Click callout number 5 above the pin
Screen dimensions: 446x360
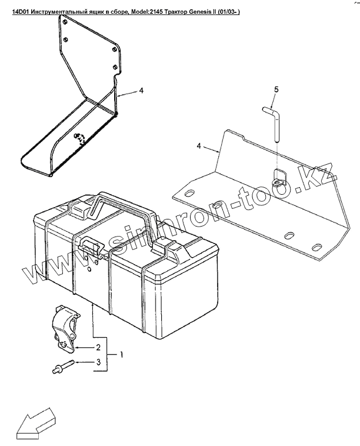[x=275, y=89]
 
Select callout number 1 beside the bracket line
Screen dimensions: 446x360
[x=121, y=355]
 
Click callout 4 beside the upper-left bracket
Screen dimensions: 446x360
[x=141, y=91]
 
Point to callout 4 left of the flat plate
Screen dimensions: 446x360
[x=199, y=145]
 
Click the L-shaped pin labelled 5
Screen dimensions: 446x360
[x=274, y=121]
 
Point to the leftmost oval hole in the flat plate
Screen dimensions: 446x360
[x=189, y=195]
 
